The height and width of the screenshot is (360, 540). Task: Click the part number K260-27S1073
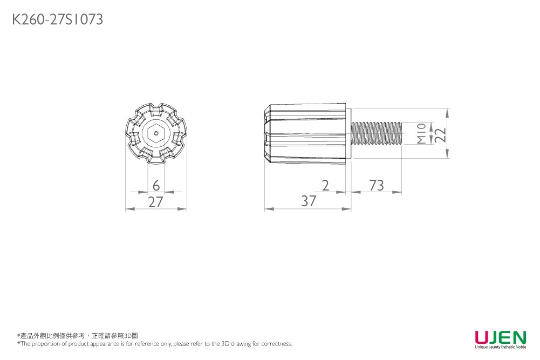(58, 19)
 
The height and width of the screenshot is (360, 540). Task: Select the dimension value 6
(156, 186)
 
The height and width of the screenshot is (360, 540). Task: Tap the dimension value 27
(156, 202)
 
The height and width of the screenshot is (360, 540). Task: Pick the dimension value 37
(309, 201)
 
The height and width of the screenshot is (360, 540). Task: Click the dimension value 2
(325, 186)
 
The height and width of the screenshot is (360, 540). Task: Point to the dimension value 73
(377, 186)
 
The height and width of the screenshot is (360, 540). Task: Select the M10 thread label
(421, 133)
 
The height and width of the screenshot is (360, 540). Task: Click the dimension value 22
(441, 135)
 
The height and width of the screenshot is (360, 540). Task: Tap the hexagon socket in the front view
(156, 133)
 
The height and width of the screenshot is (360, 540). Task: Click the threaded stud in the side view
(377, 133)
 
